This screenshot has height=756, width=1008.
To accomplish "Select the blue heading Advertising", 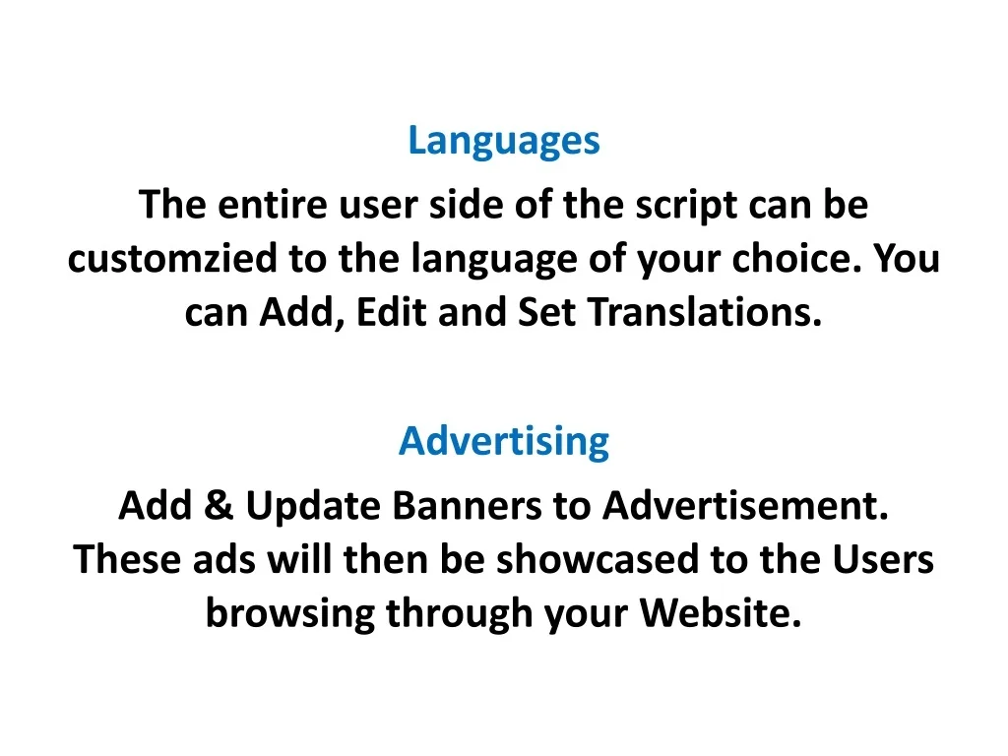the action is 504,442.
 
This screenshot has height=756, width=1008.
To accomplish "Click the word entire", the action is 273,205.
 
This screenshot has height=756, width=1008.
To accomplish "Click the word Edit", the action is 392,312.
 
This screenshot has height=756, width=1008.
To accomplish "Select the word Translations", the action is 705,312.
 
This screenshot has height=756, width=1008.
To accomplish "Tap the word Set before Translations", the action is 546,312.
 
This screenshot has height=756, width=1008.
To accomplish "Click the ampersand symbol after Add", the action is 219,505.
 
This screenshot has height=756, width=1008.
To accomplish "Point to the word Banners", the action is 468,505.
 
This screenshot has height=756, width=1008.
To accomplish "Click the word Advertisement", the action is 746,505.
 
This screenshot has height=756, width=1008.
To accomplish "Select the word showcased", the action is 598,559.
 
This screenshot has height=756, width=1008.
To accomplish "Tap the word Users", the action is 883,559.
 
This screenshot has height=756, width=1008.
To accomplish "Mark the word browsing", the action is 290,614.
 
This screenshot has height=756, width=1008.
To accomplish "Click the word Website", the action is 721,612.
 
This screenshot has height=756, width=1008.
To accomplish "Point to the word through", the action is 459,614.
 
